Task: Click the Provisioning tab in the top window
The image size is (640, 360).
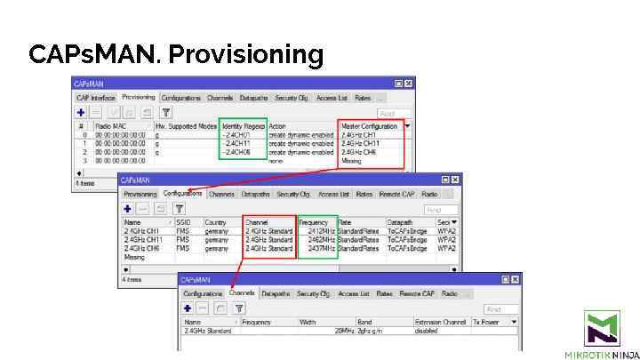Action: (x=138, y=97)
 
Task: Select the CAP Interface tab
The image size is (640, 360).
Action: (x=96, y=97)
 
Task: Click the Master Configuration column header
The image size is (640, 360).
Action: (x=369, y=126)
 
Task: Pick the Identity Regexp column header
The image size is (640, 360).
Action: (x=243, y=126)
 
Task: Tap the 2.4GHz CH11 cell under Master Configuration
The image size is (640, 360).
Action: (x=360, y=143)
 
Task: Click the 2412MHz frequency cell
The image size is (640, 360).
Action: (x=316, y=231)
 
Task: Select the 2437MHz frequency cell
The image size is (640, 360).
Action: (x=316, y=248)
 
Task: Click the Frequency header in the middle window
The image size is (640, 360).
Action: (x=314, y=221)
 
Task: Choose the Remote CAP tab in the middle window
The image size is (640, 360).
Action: (x=396, y=194)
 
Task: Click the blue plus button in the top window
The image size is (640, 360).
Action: (x=81, y=113)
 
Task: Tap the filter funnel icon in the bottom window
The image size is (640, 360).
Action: (x=239, y=308)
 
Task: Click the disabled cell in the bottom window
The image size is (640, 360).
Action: (x=428, y=331)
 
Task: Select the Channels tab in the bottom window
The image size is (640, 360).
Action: (x=242, y=292)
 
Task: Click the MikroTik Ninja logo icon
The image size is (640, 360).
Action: (x=602, y=328)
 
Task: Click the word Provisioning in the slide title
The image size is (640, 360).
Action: (x=245, y=56)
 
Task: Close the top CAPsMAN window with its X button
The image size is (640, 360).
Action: (x=408, y=84)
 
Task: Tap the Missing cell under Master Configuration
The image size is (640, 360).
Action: (x=352, y=161)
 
